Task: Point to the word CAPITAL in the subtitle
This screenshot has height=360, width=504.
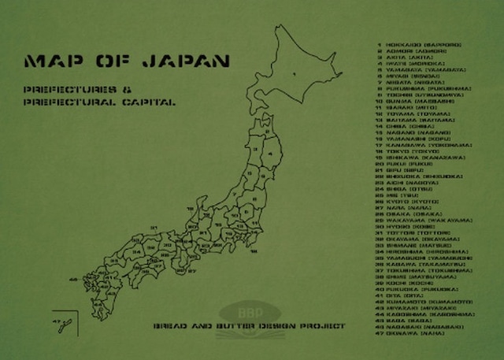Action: [150, 102]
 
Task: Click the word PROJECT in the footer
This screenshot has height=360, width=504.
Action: [322, 325]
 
